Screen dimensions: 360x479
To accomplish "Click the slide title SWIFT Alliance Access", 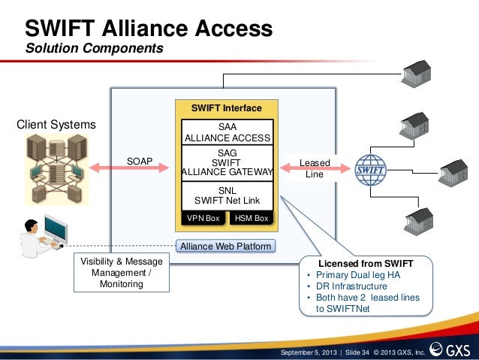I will (149, 29).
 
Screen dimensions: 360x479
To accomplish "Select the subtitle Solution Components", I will (94, 49).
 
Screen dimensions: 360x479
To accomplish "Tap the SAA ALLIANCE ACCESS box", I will (226, 132).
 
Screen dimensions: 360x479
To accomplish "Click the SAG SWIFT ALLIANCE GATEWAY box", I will (226, 162).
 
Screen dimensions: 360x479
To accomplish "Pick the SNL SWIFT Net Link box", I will (226, 195).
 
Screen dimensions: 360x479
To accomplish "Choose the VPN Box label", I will (203, 218).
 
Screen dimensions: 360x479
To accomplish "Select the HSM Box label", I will (251, 218).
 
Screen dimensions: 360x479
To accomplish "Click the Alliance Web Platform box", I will (225, 246).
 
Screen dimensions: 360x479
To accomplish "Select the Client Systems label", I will (56, 124).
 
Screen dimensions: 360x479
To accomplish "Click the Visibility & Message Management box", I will (121, 273).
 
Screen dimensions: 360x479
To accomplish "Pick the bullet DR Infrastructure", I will (352, 286).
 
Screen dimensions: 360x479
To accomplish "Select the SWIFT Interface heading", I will (226, 108).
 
